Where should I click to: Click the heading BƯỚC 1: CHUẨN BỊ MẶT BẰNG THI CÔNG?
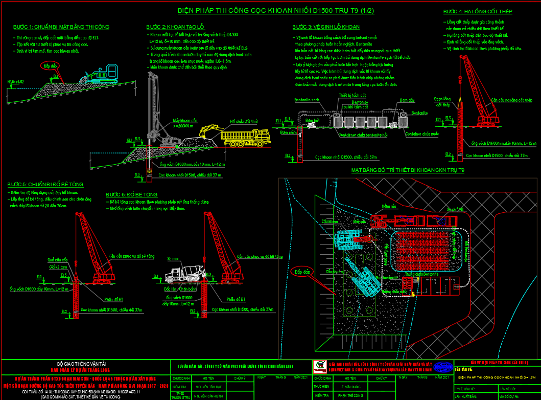click(61, 27)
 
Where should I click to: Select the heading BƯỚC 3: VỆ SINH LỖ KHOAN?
click(326, 27)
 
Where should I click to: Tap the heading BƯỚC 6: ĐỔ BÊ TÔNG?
click(132, 194)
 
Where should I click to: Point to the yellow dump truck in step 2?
click(245, 138)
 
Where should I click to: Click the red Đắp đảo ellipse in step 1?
click(50, 66)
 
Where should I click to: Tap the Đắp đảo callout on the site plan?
click(301, 272)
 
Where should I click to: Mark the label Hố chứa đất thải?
click(244, 121)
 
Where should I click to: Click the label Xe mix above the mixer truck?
click(173, 259)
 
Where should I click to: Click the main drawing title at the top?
click(275, 10)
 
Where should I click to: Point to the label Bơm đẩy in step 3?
click(407, 100)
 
